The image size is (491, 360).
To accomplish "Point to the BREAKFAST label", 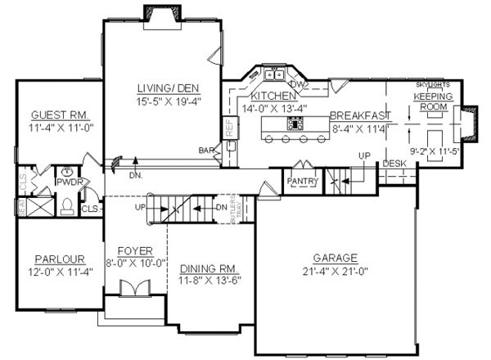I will point(360,115).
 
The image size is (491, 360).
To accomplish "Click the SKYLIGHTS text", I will point(432,85).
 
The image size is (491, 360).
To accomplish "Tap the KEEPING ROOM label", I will point(430,101).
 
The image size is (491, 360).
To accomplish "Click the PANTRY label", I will point(301,181).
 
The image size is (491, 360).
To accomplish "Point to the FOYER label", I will point(135,252).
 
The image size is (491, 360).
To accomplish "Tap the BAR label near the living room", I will point(208,151).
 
